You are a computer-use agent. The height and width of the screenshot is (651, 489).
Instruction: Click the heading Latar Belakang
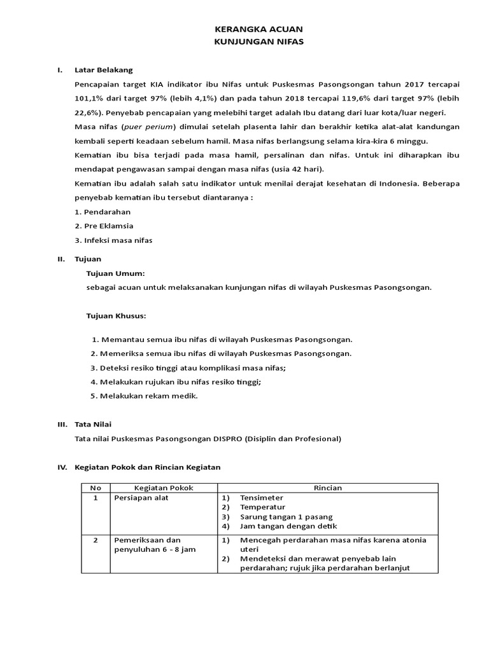[104, 70]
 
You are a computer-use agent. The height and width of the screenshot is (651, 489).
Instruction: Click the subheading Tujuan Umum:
[116, 273]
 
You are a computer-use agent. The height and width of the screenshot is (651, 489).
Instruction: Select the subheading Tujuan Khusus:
[117, 315]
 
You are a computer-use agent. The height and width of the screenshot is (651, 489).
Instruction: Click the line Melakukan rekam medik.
[148, 395]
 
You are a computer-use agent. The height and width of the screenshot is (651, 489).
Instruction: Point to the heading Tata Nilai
[95, 424]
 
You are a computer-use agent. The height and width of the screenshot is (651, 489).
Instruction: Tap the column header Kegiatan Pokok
[164, 488]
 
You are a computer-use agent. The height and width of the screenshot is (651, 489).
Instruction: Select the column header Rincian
[328, 488]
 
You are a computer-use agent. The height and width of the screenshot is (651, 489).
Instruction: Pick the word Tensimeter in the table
[262, 498]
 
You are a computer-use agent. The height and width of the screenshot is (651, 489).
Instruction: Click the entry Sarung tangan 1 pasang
[286, 517]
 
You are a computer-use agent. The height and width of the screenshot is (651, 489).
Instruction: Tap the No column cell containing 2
[96, 540]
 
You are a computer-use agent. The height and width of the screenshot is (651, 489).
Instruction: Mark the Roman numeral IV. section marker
[62, 467]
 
